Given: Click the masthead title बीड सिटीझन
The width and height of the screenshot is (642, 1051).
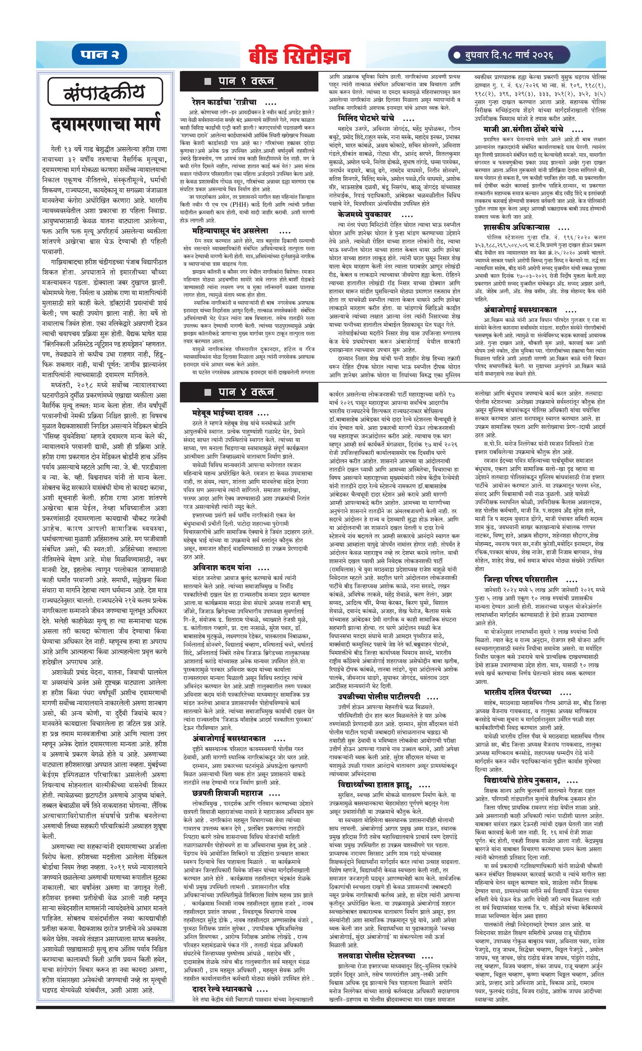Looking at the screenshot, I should click(300, 56).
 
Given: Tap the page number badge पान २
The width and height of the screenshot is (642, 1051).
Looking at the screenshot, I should click(100, 55).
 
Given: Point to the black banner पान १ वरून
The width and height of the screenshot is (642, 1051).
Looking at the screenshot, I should click(249, 81).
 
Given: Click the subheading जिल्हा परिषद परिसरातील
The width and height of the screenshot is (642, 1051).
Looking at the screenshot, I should click(521, 579).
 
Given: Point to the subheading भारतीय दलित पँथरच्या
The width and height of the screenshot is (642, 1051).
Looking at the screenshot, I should click(517, 692).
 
